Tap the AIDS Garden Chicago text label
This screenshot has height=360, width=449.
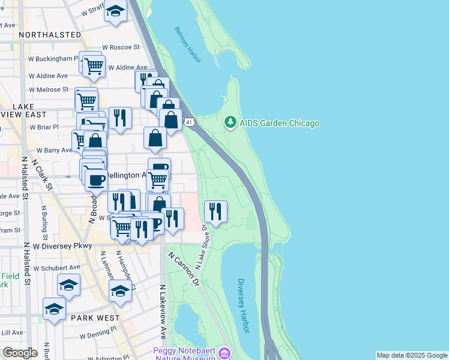279,124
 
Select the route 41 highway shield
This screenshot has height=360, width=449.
190,122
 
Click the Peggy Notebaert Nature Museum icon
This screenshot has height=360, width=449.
225,353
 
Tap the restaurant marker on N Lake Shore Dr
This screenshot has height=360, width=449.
215,212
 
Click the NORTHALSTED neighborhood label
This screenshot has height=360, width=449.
50,35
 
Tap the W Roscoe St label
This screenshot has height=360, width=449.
121,46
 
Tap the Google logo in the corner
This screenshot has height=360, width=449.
19,353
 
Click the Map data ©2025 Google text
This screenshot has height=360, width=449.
411,355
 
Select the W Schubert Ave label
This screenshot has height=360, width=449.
56,268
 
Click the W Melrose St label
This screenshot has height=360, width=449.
49,89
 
